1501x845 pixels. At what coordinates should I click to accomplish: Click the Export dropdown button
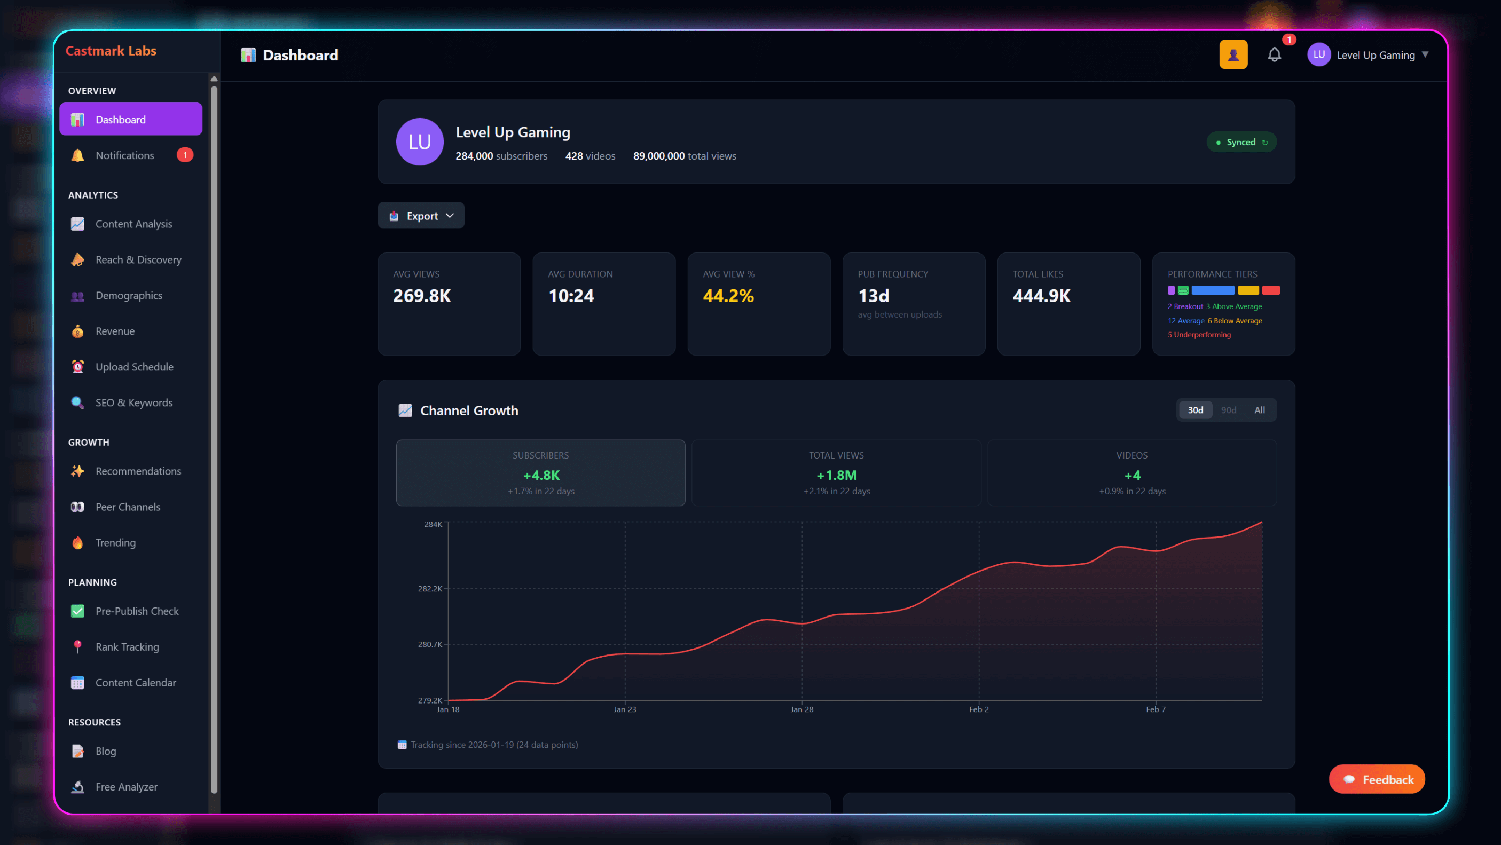point(421,216)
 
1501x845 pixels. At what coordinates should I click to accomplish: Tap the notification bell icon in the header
point(1275,55)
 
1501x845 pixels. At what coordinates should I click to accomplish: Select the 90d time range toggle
point(1228,410)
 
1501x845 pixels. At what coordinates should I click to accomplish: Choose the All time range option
point(1259,410)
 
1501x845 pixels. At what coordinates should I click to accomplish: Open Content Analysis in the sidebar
point(133,224)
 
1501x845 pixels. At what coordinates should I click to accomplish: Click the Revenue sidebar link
point(115,331)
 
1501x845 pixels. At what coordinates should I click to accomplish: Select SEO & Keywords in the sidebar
point(133,403)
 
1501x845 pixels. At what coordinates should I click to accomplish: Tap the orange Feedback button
point(1377,779)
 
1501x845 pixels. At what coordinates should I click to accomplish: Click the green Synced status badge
point(1241,142)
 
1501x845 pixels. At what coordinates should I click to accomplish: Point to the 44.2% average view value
point(728,296)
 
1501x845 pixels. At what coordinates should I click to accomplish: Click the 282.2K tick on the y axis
point(429,589)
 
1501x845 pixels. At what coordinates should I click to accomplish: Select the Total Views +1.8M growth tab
point(836,473)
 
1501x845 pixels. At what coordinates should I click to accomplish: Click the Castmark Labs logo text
point(111,51)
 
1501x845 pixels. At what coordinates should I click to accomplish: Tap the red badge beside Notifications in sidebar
point(185,155)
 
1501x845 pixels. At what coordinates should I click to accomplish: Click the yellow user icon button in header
point(1233,55)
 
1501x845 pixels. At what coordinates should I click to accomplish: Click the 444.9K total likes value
point(1041,296)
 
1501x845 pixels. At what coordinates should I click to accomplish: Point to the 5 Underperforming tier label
point(1199,335)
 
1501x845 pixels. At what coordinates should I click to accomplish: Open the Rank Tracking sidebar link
point(127,647)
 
